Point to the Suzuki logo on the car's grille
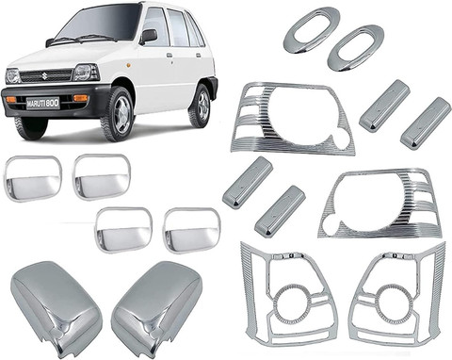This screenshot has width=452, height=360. point(42,69)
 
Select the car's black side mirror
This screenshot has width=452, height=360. point(149,36)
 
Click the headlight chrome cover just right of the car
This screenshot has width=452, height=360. point(293,119)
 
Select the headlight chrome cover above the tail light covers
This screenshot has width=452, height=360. point(379,203)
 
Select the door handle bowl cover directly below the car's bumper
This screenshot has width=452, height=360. point(32,175)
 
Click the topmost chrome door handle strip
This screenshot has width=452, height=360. point(384,104)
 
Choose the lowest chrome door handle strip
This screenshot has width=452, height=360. point(280,211)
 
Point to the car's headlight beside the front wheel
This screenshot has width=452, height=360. point(84,73)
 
